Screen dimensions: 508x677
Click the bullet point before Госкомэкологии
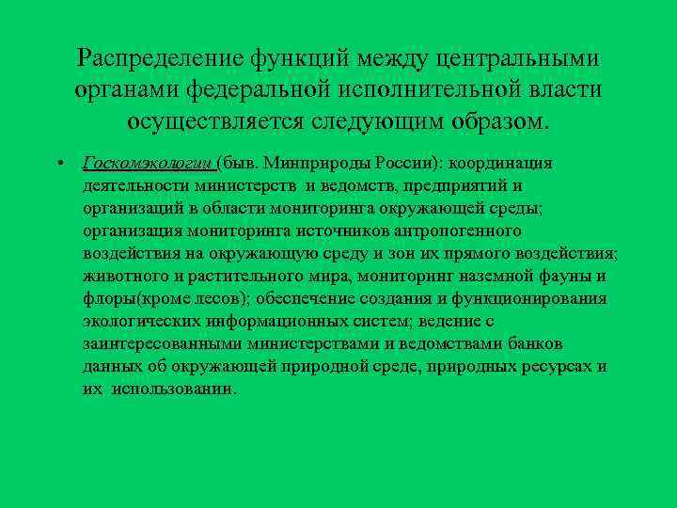59,163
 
